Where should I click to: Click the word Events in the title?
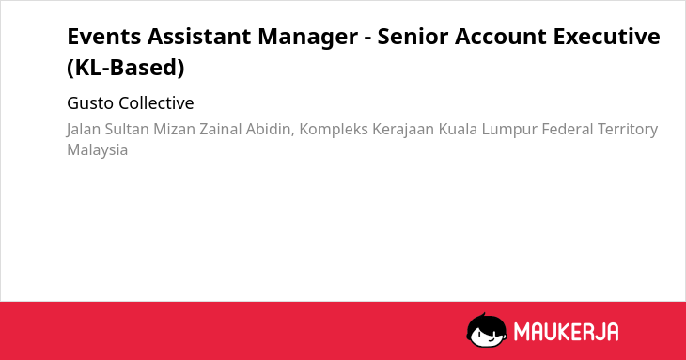pyautogui.click(x=104, y=37)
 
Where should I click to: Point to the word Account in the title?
pyautogui.click(x=501, y=37)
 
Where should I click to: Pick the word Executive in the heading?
pyautogui.click(x=607, y=37)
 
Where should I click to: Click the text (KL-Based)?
pyautogui.click(x=126, y=68)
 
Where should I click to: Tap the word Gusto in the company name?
pyautogui.click(x=90, y=103)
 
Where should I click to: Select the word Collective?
pyautogui.click(x=156, y=103)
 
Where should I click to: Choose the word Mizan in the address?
pyautogui.click(x=174, y=129)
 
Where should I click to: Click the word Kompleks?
pyautogui.click(x=334, y=130)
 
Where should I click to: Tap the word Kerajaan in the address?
pyautogui.click(x=403, y=130)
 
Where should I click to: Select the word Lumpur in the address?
pyautogui.click(x=509, y=130)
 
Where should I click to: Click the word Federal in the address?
pyautogui.click(x=568, y=129)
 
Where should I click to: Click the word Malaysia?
pyautogui.click(x=97, y=150)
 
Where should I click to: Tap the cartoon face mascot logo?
pyautogui.click(x=487, y=330)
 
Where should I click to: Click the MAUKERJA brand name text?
pyautogui.click(x=566, y=332)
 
